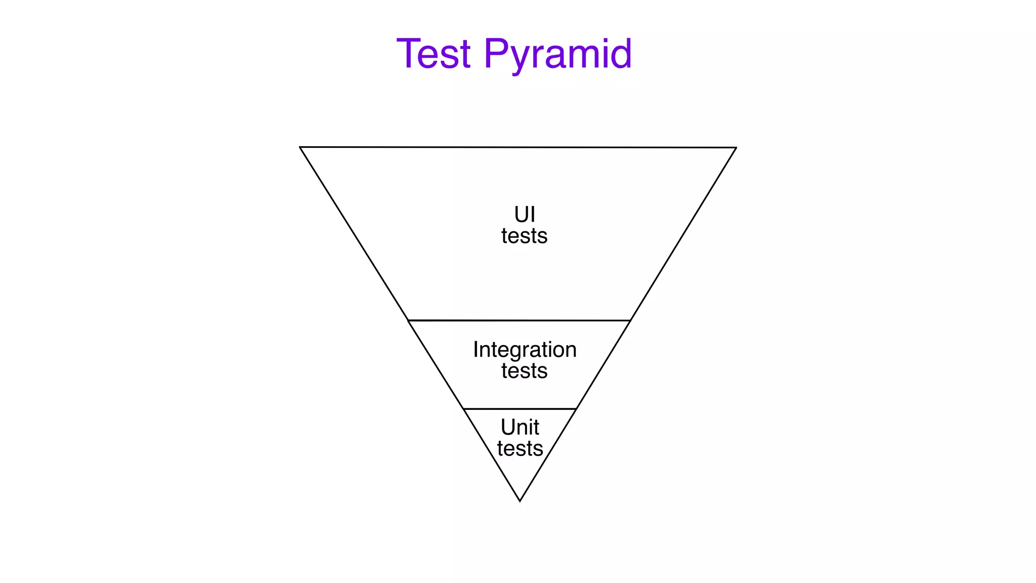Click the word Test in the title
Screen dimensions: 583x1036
coord(434,54)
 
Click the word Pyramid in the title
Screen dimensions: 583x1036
coord(557,55)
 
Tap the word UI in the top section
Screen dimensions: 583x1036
coord(525,215)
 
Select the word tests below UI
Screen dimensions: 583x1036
coord(524,236)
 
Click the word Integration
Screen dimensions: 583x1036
coord(525,350)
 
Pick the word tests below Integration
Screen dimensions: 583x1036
coord(524,371)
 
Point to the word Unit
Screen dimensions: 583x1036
coord(520,428)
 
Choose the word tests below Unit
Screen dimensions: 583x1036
coord(520,449)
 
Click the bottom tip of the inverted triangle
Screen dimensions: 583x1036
coord(520,501)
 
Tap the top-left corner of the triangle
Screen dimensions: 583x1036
coord(300,147)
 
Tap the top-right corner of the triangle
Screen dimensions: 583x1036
coord(736,148)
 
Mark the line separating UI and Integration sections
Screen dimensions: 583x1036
coord(519,320)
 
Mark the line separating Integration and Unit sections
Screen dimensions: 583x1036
coord(520,409)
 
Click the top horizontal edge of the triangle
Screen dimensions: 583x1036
coord(518,147)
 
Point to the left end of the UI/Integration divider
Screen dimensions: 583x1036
coord(408,320)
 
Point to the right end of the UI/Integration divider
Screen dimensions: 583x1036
coord(630,320)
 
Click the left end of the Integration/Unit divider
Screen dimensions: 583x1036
coord(463,409)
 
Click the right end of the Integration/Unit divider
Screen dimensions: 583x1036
coord(576,409)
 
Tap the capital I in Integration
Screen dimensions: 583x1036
coord(476,350)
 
